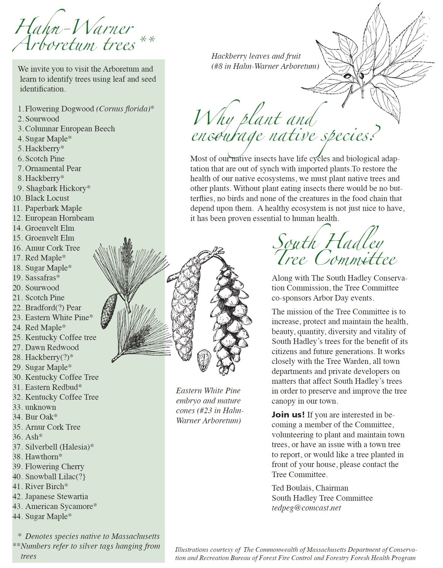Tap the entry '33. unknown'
point(40,407)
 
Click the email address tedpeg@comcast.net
point(306,508)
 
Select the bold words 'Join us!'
point(288,415)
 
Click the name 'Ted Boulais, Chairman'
point(310,488)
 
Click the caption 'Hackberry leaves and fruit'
point(256,56)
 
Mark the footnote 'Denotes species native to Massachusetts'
point(92,536)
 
